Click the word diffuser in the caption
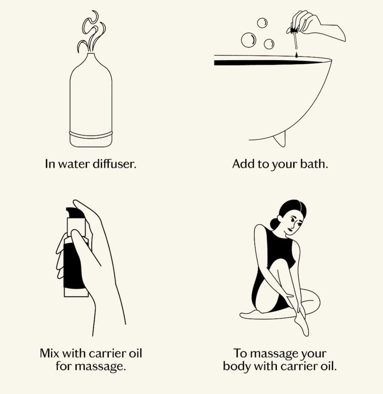[115, 164]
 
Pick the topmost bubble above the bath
[262, 23]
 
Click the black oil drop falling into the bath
[296, 55]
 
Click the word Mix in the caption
[49, 353]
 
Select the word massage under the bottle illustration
[100, 366]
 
